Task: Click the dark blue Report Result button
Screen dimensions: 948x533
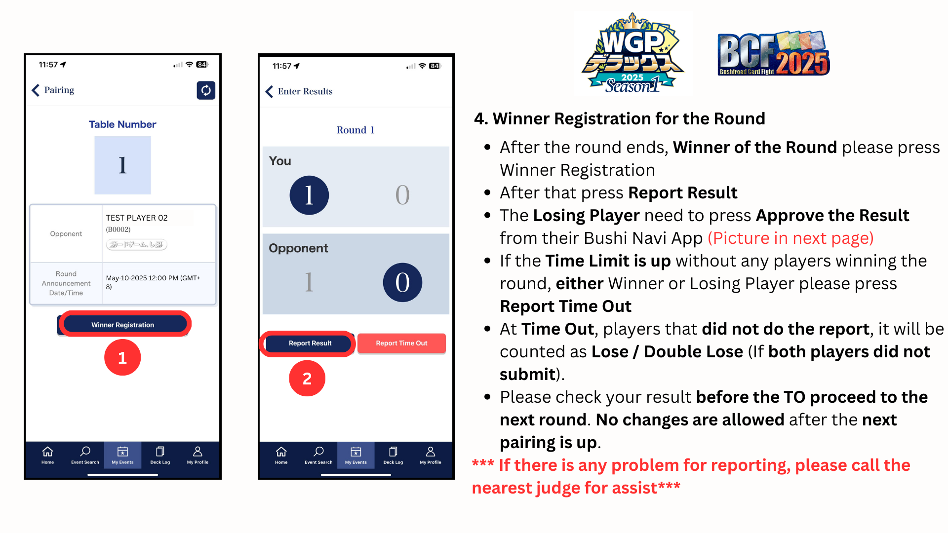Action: coord(310,343)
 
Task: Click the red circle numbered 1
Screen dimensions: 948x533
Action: coord(122,357)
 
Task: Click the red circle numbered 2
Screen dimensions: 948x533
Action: coord(307,379)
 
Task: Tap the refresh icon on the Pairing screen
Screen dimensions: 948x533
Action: coord(206,90)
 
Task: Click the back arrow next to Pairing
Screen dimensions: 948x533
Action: coord(36,90)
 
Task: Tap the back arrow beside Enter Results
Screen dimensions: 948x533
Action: coord(269,92)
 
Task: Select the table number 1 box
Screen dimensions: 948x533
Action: coord(122,165)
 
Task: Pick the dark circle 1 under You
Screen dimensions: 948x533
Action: coord(309,195)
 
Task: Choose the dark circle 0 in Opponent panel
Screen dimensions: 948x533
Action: coord(402,283)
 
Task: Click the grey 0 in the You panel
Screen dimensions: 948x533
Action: coord(402,195)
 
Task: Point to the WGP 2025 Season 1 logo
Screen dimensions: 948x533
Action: coord(632,53)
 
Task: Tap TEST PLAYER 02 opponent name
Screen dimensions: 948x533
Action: coord(137,218)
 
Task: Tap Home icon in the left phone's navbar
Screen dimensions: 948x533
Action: coord(47,455)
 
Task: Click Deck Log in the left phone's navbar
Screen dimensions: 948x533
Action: coord(160,455)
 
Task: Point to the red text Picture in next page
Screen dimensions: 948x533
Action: coord(790,238)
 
